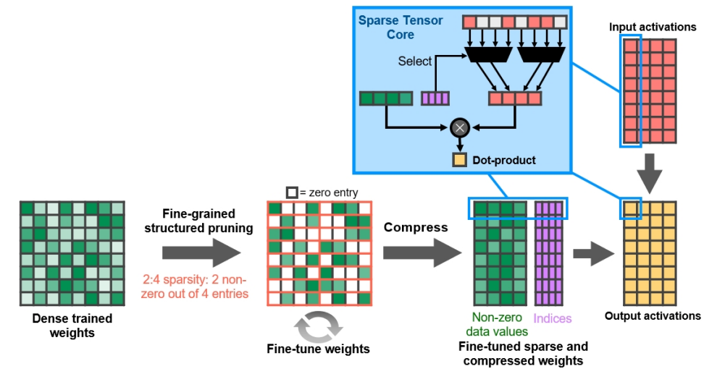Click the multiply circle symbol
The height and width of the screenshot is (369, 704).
click(460, 128)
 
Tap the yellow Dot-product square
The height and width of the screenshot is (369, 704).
click(459, 160)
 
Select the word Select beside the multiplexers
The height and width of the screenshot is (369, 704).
click(414, 61)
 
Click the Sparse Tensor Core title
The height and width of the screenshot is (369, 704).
click(401, 27)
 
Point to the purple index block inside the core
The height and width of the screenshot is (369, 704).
click(435, 98)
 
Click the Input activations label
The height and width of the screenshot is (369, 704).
click(653, 27)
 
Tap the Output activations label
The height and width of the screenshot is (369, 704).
click(653, 315)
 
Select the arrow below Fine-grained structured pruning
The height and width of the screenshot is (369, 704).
click(201, 253)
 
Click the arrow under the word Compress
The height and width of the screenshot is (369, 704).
click(422, 253)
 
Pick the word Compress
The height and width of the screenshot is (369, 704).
click(416, 227)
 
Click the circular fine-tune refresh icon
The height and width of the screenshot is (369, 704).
click(319, 326)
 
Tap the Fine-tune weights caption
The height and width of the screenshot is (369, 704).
click(319, 349)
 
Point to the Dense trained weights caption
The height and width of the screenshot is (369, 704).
click(72, 326)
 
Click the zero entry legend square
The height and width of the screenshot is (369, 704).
click(292, 192)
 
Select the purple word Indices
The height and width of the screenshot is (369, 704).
click(552, 318)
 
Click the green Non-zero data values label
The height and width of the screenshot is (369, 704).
click(497, 324)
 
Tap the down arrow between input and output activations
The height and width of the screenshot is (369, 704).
click(649, 174)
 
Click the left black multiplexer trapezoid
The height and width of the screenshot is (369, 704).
click(488, 54)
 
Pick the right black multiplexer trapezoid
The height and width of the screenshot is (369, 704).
click(542, 54)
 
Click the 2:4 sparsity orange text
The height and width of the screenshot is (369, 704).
click(195, 287)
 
